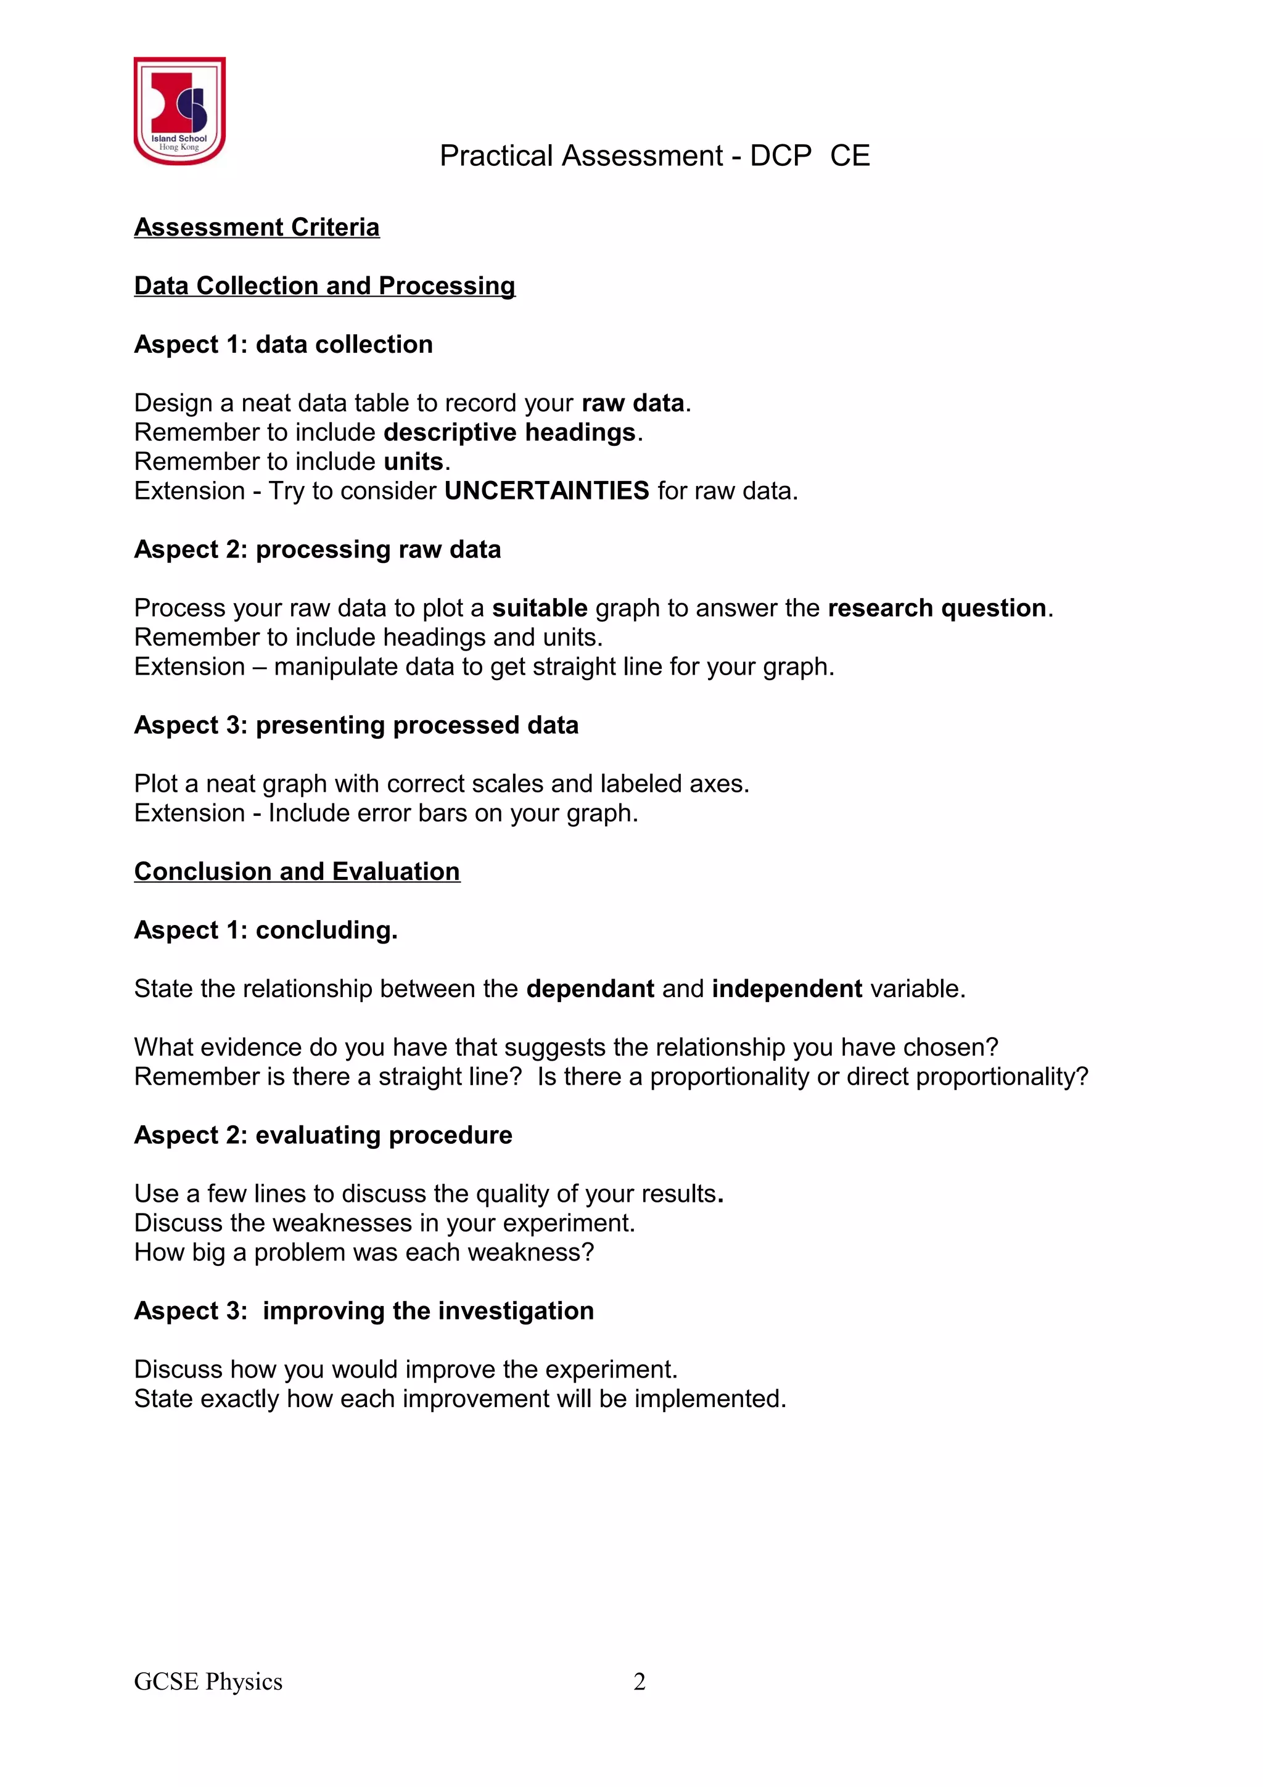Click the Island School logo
(179, 110)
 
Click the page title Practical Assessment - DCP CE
(654, 155)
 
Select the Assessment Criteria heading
(257, 228)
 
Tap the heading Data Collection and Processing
(324, 286)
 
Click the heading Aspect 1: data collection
(283, 344)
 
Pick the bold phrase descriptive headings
(510, 432)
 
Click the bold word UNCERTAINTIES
(546, 491)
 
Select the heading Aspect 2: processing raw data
(318, 549)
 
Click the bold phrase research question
(936, 608)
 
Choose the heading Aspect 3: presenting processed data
(356, 725)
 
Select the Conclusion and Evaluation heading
(297, 872)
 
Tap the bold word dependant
(590, 989)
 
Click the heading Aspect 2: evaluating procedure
(323, 1136)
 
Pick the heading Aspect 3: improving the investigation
(363, 1311)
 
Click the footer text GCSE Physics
(208, 1682)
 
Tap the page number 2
(639, 1682)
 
